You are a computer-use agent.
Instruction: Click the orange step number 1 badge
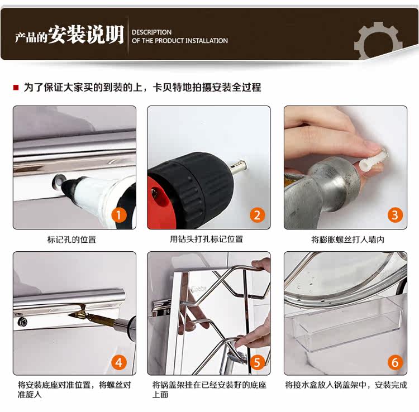coord(119,215)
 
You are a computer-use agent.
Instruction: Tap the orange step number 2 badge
coord(257,215)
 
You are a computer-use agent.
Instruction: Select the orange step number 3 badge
coord(395,215)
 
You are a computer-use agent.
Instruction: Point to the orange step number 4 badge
coord(119,362)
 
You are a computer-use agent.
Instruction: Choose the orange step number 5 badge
coord(257,362)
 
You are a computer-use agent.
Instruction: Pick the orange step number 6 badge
coord(395,362)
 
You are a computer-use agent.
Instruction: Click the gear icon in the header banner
coord(378,41)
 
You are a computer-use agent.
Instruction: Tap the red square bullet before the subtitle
coord(16,87)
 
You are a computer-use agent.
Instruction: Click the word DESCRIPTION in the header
coord(151,32)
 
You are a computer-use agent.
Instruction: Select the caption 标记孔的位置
coord(72,239)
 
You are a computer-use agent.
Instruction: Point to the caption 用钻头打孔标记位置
coord(206,239)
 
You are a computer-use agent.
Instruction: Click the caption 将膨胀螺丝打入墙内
coord(347,239)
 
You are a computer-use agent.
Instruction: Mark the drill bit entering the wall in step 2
coord(239,166)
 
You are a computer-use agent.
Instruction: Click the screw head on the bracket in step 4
coord(22,322)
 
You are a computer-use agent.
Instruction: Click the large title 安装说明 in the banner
coord(86,35)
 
